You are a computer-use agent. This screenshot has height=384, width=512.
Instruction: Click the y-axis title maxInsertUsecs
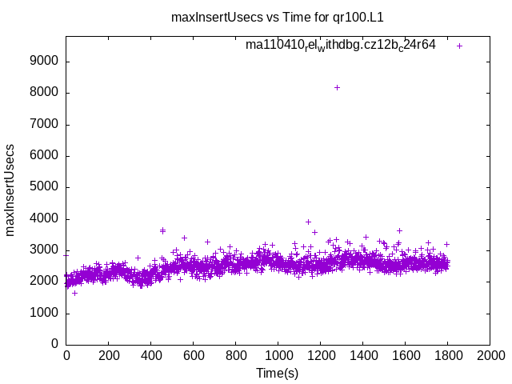tap(10, 190)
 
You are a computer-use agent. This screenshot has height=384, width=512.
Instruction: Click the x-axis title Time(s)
tap(277, 373)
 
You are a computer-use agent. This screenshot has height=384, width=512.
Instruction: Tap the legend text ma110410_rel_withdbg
tap(340, 45)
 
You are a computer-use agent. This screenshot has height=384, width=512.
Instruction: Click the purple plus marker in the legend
tap(459, 46)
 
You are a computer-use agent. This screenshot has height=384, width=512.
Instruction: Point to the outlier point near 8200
tap(337, 87)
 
